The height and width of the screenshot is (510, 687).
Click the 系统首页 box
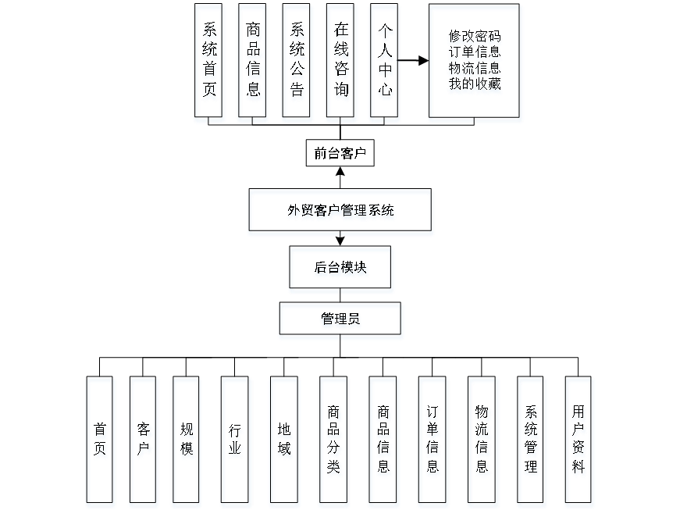210,63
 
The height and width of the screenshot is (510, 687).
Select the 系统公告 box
297,63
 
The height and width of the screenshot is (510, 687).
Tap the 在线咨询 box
341,63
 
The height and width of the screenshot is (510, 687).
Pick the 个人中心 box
385,63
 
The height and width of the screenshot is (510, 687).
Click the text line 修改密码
475,37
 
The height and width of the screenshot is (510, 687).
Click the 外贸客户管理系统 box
340,212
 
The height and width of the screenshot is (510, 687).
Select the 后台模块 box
341,269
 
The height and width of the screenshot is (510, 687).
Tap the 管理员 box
341,321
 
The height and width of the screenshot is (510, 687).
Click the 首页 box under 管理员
101,441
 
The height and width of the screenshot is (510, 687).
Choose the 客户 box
144,441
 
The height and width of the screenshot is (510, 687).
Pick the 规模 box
187,441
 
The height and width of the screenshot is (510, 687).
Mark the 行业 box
236,441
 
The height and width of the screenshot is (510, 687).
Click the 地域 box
284,441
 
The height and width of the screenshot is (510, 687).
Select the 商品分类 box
334,441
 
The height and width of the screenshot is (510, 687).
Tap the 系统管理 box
532,441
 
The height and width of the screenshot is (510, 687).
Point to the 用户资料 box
578,441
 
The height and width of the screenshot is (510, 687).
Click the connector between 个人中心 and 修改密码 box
415,59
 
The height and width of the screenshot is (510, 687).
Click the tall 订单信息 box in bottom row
432,441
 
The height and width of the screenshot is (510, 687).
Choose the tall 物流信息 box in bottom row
482,441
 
